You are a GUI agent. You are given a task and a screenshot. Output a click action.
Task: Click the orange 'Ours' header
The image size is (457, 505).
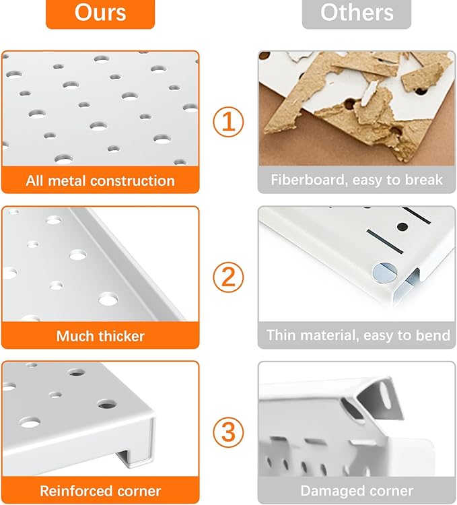100,13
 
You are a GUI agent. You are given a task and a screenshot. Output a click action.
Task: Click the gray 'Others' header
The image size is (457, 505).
356,13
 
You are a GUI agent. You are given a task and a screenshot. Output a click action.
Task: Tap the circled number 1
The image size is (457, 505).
228,122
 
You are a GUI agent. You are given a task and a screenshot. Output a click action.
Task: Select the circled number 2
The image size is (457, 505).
228,277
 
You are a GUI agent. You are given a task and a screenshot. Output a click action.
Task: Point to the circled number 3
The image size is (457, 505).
228,432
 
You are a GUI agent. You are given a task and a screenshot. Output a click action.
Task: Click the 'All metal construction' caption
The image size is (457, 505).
100,180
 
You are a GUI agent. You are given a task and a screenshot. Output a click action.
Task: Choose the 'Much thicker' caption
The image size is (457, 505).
100,335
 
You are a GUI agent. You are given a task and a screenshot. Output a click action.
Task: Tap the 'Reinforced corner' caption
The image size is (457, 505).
100,491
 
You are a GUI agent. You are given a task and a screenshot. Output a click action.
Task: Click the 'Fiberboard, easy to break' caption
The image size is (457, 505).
357,180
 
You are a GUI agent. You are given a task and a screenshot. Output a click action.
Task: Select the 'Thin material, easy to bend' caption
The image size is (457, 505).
357,335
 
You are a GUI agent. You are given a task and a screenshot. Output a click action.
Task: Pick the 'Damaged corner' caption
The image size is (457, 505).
357,491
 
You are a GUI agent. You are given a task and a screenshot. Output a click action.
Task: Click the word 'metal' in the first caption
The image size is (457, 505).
67,180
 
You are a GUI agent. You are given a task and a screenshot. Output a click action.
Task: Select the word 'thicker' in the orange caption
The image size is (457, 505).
122,335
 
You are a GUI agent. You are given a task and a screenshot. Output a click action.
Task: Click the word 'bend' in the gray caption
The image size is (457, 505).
431,335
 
